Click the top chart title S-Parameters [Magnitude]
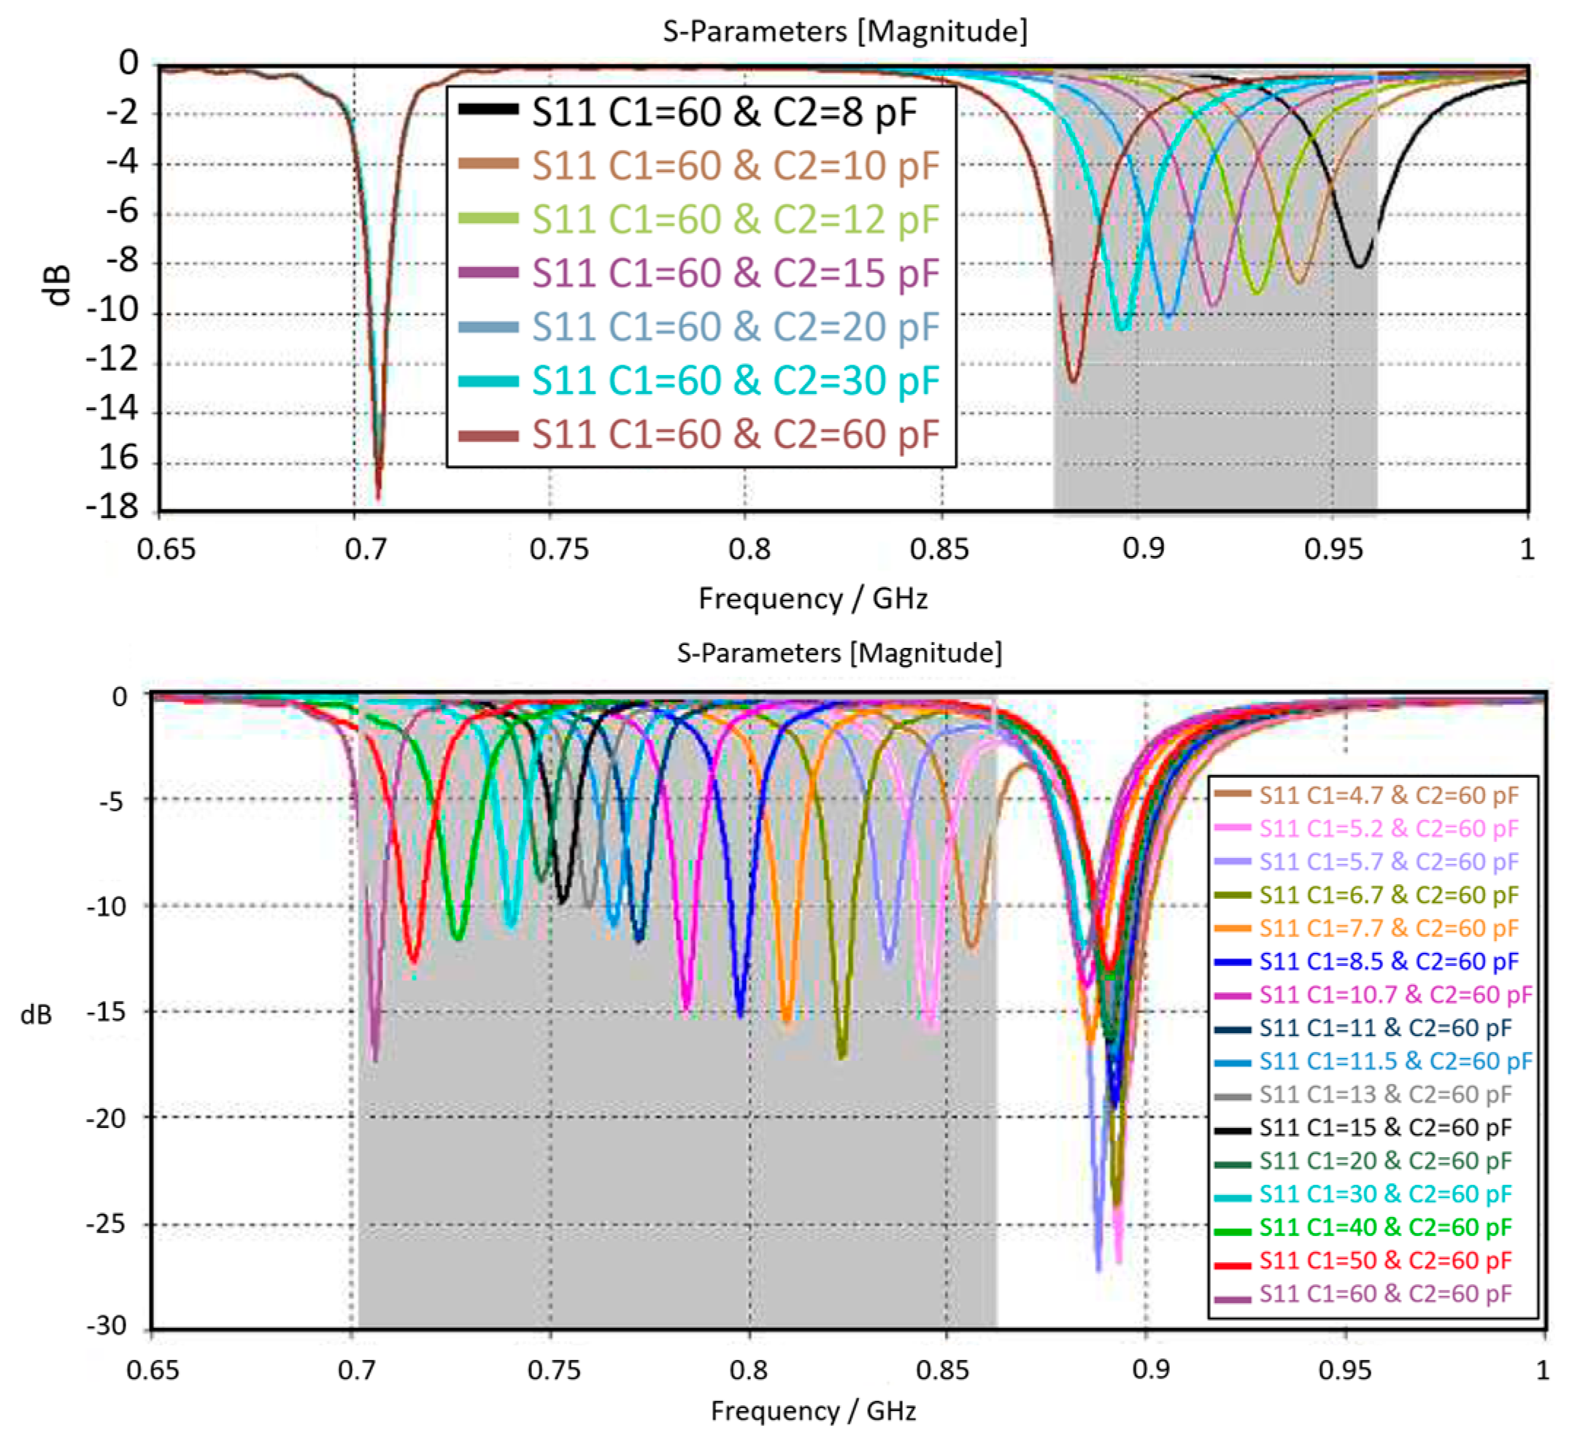pyautogui.click(x=844, y=32)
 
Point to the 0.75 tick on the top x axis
pyautogui.click(x=558, y=549)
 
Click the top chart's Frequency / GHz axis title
pyautogui.click(x=812, y=598)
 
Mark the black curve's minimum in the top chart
pyautogui.click(x=1360, y=266)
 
